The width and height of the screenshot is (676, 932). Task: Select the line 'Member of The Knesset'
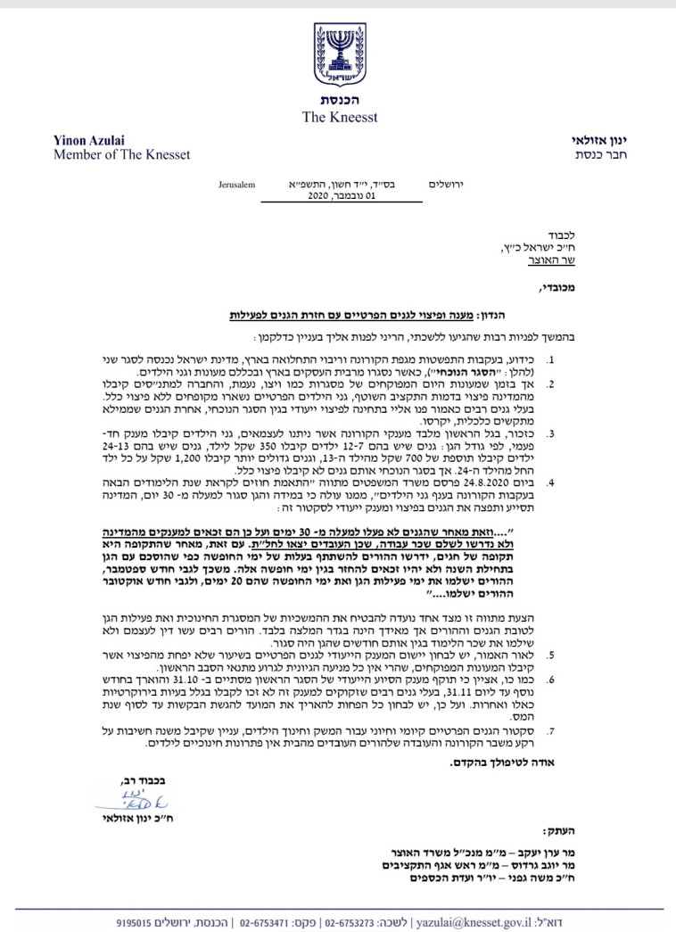tap(108, 155)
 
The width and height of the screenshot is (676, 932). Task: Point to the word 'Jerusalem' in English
tap(236, 185)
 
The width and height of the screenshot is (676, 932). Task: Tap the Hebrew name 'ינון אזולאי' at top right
tap(603, 141)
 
